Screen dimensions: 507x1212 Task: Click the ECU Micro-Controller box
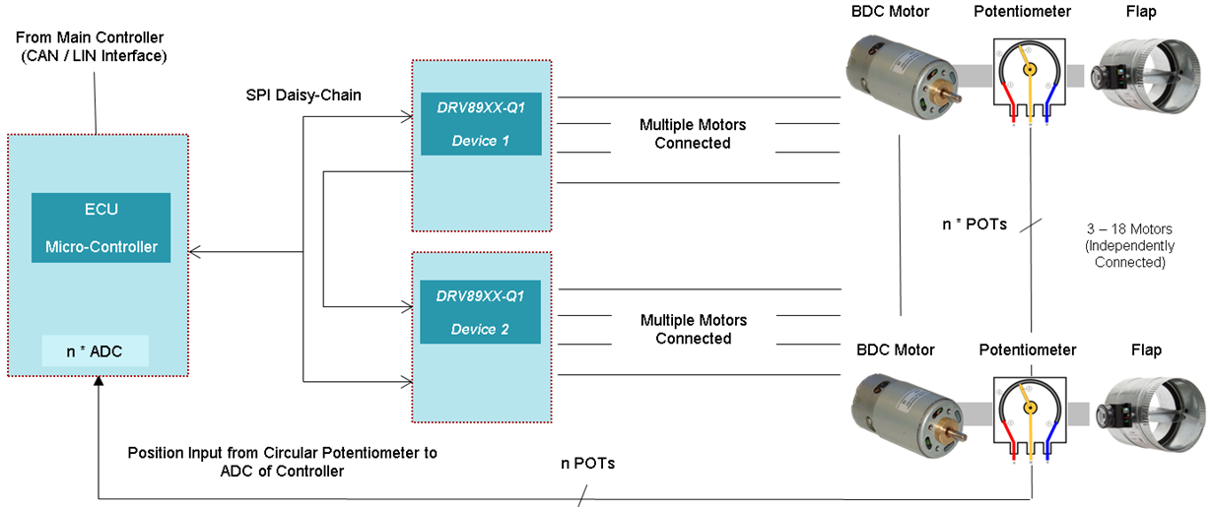(101, 227)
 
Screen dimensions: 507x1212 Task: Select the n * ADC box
(95, 350)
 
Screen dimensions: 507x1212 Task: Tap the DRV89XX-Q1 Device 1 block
(481, 122)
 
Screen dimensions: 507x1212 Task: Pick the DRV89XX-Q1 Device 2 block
(480, 311)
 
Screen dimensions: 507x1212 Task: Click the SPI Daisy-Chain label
(303, 95)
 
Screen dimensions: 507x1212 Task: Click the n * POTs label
(974, 223)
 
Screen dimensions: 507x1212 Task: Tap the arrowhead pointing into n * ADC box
(98, 382)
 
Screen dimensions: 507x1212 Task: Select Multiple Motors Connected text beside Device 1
(693, 134)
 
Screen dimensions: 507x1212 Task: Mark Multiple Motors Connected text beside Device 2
(693, 329)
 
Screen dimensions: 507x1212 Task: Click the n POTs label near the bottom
(587, 463)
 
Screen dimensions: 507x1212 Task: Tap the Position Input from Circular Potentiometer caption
(282, 462)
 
